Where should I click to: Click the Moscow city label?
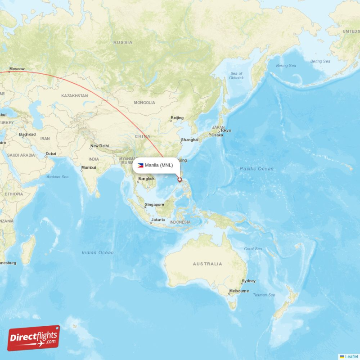point(17,69)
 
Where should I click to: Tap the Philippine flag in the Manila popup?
point(140,165)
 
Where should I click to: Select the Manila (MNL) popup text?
point(159,165)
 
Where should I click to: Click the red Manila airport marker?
point(180,180)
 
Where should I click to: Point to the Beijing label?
point(177,118)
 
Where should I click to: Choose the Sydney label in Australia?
point(248,281)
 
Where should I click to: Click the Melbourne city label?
point(238,291)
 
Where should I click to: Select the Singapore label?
point(154,205)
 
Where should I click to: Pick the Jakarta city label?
point(158,220)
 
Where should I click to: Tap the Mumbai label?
point(89,168)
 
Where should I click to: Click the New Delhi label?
point(99,146)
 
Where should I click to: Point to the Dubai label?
point(51,153)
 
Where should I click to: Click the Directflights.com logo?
point(34,337)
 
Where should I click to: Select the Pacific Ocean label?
point(256,169)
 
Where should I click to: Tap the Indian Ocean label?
point(98,252)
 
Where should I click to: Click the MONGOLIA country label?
point(144,103)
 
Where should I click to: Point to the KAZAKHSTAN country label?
point(75,96)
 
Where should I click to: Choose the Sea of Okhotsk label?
point(237,76)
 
